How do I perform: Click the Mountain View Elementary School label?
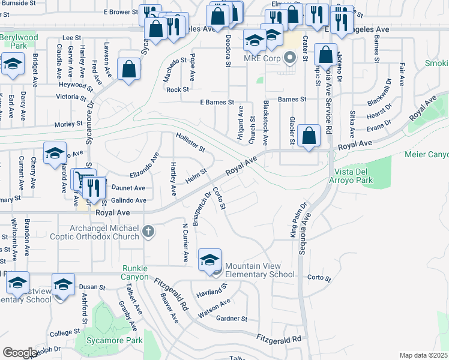259,270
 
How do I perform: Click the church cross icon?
148,231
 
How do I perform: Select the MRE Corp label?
263,58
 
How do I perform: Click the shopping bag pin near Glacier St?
309,136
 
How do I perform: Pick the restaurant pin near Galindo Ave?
92,188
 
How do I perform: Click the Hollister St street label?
190,142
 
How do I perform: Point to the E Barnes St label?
217,103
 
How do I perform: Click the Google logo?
20,353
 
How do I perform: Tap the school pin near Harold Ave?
55,153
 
